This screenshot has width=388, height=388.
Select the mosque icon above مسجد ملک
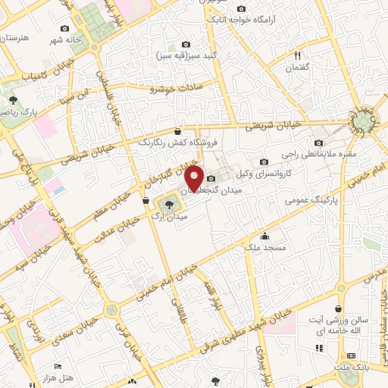tap(264, 236)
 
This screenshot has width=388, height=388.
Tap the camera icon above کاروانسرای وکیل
tap(264, 161)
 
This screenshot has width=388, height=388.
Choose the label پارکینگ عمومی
tap(309, 201)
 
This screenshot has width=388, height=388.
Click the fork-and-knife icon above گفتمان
tap(297, 55)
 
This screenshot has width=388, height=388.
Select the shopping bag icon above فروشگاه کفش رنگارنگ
tap(177, 131)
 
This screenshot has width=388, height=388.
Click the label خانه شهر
tap(65, 38)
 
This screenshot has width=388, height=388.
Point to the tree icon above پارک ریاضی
tap(12, 99)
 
